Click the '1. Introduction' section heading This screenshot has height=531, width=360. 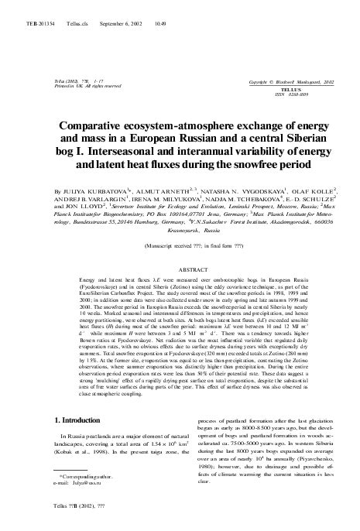pos(79,420)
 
